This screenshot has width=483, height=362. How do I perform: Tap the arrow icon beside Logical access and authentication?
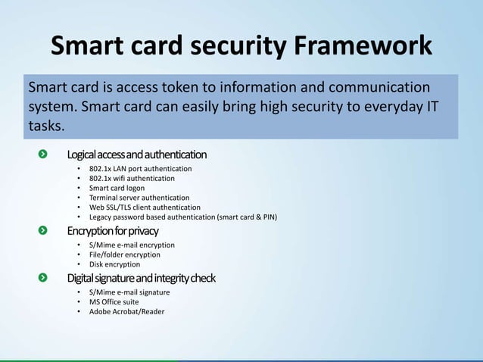(44, 154)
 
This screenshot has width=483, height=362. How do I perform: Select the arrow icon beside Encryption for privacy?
(44, 229)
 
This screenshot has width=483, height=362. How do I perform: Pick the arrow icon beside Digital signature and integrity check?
(44, 278)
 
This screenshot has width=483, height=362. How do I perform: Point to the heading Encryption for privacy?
(113, 229)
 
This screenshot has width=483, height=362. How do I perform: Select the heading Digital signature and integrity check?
(141, 278)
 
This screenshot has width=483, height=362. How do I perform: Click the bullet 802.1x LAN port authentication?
(140, 168)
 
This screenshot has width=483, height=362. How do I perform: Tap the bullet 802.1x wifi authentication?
(132, 178)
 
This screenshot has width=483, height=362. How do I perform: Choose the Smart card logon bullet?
(117, 188)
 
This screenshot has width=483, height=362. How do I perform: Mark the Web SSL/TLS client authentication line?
(145, 207)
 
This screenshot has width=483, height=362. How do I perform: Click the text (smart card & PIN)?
(247, 217)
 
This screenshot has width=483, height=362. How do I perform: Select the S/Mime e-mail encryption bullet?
(132, 245)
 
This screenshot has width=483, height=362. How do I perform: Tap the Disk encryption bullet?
(114, 264)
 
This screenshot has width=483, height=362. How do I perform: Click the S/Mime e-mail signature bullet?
(129, 292)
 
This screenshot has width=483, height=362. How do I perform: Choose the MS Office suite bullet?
(114, 301)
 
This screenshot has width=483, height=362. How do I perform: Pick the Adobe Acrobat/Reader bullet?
(126, 311)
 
